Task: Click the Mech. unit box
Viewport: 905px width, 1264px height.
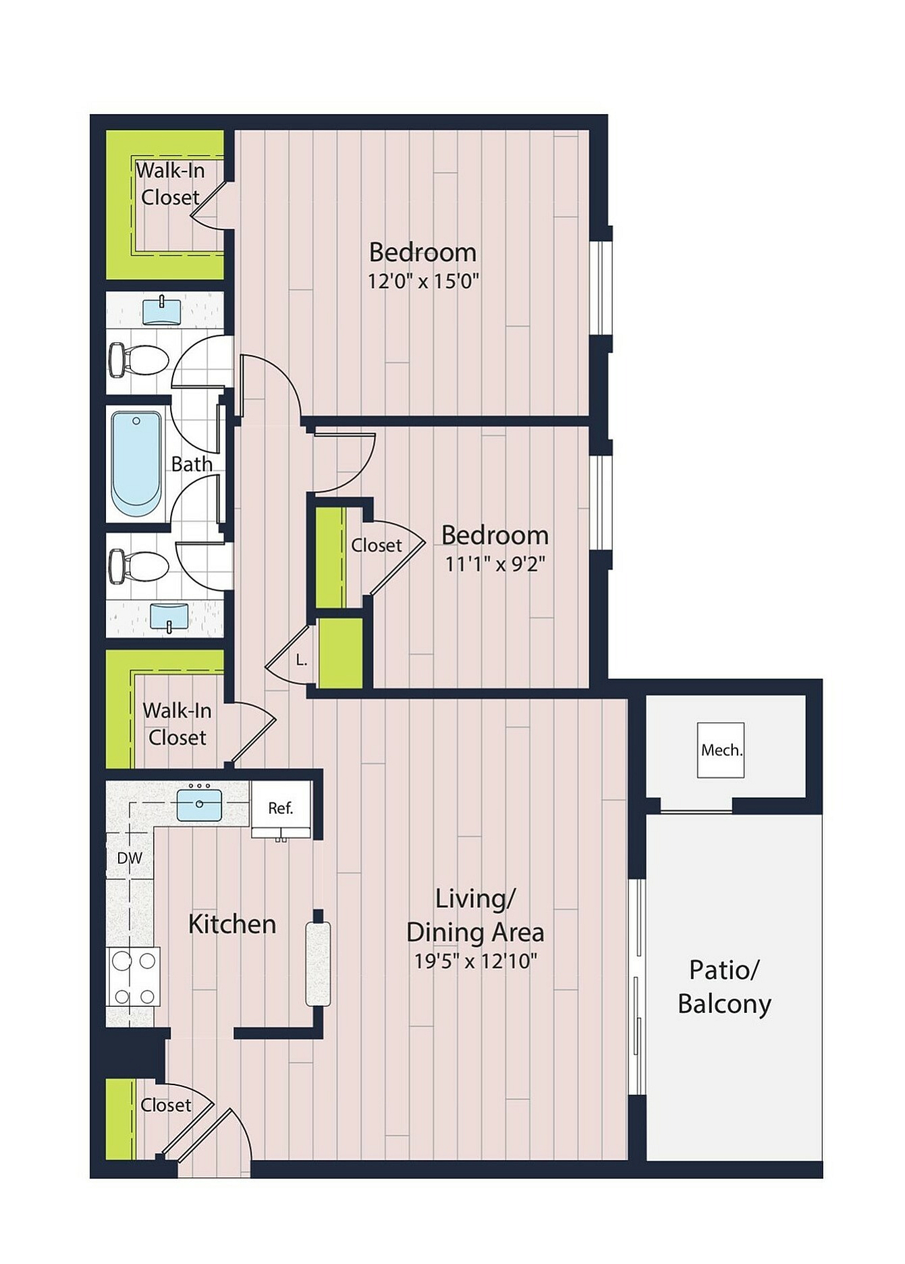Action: [x=721, y=750]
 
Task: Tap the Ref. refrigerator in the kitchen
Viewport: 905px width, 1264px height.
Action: [x=281, y=808]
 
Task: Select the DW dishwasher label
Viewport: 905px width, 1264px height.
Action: [x=130, y=858]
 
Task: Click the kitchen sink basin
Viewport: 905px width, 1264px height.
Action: [x=200, y=805]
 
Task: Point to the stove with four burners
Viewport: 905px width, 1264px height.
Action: [x=134, y=977]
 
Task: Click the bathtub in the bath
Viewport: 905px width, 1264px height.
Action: [x=136, y=463]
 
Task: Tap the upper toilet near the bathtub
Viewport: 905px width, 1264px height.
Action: [x=138, y=360]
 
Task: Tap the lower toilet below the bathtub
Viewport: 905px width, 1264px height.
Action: [x=138, y=566]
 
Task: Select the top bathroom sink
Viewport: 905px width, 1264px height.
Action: [x=162, y=312]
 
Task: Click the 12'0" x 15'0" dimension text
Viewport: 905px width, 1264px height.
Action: [x=423, y=281]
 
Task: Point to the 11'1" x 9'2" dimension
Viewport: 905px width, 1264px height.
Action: [x=495, y=564]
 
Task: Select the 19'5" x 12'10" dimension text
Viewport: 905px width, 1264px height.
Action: [x=476, y=960]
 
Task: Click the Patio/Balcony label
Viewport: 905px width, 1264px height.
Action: [x=724, y=987]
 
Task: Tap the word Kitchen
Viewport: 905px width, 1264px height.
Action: [x=232, y=924]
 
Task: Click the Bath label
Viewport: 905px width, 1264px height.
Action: [x=192, y=464]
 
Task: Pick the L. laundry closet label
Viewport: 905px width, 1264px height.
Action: [x=302, y=660]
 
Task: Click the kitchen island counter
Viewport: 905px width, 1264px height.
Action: [x=319, y=963]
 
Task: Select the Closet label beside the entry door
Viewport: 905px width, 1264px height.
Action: [x=166, y=1105]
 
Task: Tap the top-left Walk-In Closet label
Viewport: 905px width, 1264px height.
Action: [x=170, y=184]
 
